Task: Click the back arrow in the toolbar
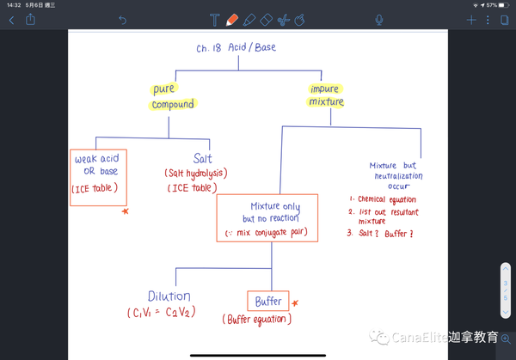(x=11, y=21)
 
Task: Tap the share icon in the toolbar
(x=30, y=19)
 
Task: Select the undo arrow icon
(x=122, y=21)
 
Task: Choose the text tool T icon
(x=214, y=20)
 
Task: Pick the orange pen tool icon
(x=232, y=20)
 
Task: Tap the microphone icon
(x=379, y=20)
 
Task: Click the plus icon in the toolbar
(x=471, y=20)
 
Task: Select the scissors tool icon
(x=283, y=20)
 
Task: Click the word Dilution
(x=169, y=296)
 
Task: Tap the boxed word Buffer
(x=268, y=302)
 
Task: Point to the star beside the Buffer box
(x=295, y=302)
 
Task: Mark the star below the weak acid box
(x=125, y=211)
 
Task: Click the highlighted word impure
(x=325, y=88)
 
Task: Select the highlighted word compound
(x=173, y=104)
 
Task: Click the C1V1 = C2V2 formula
(x=162, y=312)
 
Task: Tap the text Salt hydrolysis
(x=196, y=174)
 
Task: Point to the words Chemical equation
(x=387, y=199)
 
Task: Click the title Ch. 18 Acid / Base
(x=236, y=47)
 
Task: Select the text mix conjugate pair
(x=271, y=233)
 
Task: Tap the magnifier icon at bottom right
(x=506, y=339)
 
